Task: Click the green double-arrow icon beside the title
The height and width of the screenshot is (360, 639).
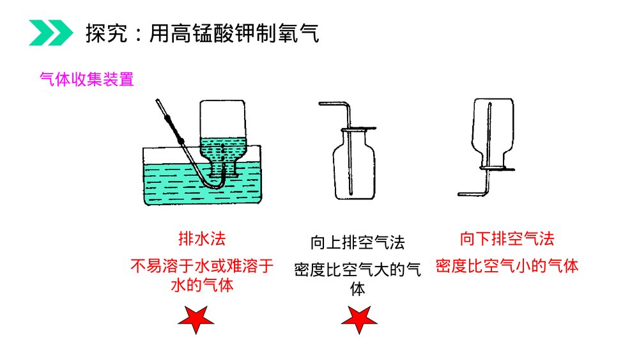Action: (51, 33)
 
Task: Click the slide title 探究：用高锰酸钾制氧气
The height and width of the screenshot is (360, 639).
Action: (202, 33)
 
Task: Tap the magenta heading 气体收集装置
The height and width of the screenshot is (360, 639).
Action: (87, 79)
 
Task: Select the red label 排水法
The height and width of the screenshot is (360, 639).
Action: (202, 239)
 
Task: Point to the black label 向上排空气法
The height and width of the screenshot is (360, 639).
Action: (357, 242)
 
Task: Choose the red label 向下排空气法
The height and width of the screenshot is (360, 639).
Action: (507, 239)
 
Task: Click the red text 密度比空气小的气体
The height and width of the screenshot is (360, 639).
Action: (507, 266)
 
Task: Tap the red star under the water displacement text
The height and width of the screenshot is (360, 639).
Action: (196, 319)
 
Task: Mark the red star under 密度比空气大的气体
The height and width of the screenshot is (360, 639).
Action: (359, 319)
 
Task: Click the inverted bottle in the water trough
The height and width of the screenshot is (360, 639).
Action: (222, 139)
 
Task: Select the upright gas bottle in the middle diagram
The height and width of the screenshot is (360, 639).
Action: (354, 165)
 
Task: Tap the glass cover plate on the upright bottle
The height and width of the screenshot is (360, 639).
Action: (358, 129)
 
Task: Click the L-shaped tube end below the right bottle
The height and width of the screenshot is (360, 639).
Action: (473, 194)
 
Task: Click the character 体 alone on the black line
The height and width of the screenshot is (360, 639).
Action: (357, 289)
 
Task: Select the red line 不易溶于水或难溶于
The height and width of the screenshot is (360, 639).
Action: (202, 266)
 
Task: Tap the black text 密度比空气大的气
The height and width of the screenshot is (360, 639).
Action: (357, 269)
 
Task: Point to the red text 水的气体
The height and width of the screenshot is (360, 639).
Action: (202, 285)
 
